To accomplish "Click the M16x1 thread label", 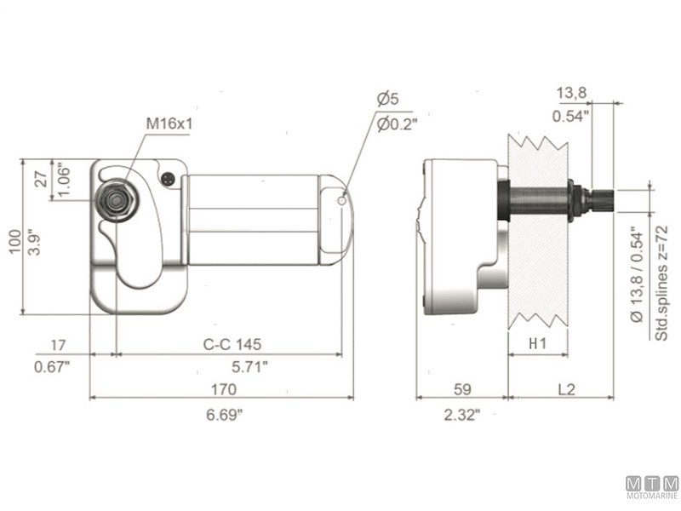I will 169,123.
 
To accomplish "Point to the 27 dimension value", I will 40,179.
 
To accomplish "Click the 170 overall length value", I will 223,390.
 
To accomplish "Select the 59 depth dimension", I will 462,390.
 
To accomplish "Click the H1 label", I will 538,344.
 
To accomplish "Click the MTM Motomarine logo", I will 652,487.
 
